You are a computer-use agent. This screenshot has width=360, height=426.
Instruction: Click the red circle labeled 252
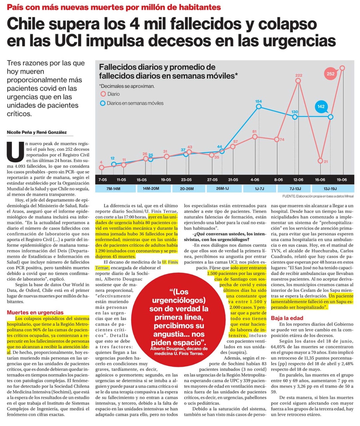330,74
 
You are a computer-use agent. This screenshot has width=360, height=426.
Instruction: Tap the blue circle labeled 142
321,106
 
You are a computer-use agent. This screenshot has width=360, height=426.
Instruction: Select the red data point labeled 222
298,81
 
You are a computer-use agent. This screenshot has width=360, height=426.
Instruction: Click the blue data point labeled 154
259,107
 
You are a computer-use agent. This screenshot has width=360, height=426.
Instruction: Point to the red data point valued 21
320,161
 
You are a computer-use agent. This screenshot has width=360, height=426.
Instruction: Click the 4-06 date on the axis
255,180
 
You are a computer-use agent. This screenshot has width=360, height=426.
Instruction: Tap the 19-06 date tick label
342,180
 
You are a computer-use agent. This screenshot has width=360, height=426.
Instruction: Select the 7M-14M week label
113,189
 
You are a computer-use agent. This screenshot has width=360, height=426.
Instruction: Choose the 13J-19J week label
330,189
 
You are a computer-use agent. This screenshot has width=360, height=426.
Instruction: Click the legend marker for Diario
103,94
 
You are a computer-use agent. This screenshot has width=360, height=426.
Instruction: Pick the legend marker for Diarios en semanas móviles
103,103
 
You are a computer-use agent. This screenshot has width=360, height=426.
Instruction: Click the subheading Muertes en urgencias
35,313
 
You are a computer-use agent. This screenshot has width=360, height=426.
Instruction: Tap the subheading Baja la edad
287,318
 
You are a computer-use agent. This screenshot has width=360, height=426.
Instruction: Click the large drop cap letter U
15,151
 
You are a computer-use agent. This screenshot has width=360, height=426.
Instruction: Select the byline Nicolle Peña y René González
37,132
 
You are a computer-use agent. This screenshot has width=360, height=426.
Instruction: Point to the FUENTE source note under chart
318,196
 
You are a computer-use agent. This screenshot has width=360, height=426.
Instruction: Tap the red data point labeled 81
255,137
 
